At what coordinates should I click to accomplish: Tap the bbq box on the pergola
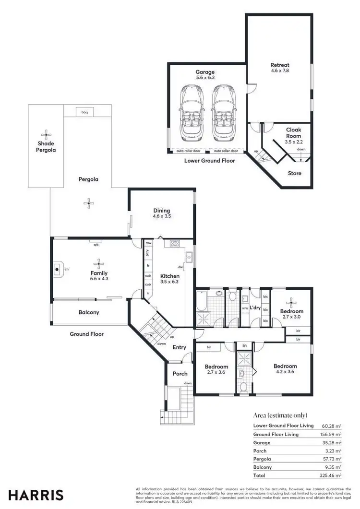click(84, 112)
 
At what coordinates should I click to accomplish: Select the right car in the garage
click(221, 112)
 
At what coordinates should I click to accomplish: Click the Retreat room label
click(279, 65)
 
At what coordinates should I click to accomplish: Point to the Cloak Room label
click(293, 133)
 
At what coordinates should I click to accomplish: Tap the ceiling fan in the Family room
click(98, 262)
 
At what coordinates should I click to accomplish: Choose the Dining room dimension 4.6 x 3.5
click(162, 216)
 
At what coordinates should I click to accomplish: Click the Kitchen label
click(169, 276)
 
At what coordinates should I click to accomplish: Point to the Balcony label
click(89, 313)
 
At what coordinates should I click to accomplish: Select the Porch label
click(180, 374)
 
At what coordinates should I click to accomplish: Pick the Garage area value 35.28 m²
click(332, 443)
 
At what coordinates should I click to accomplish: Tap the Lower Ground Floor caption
click(210, 161)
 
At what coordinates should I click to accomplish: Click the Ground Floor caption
click(87, 334)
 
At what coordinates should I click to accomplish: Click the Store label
click(295, 173)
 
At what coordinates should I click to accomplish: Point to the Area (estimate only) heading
click(280, 415)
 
